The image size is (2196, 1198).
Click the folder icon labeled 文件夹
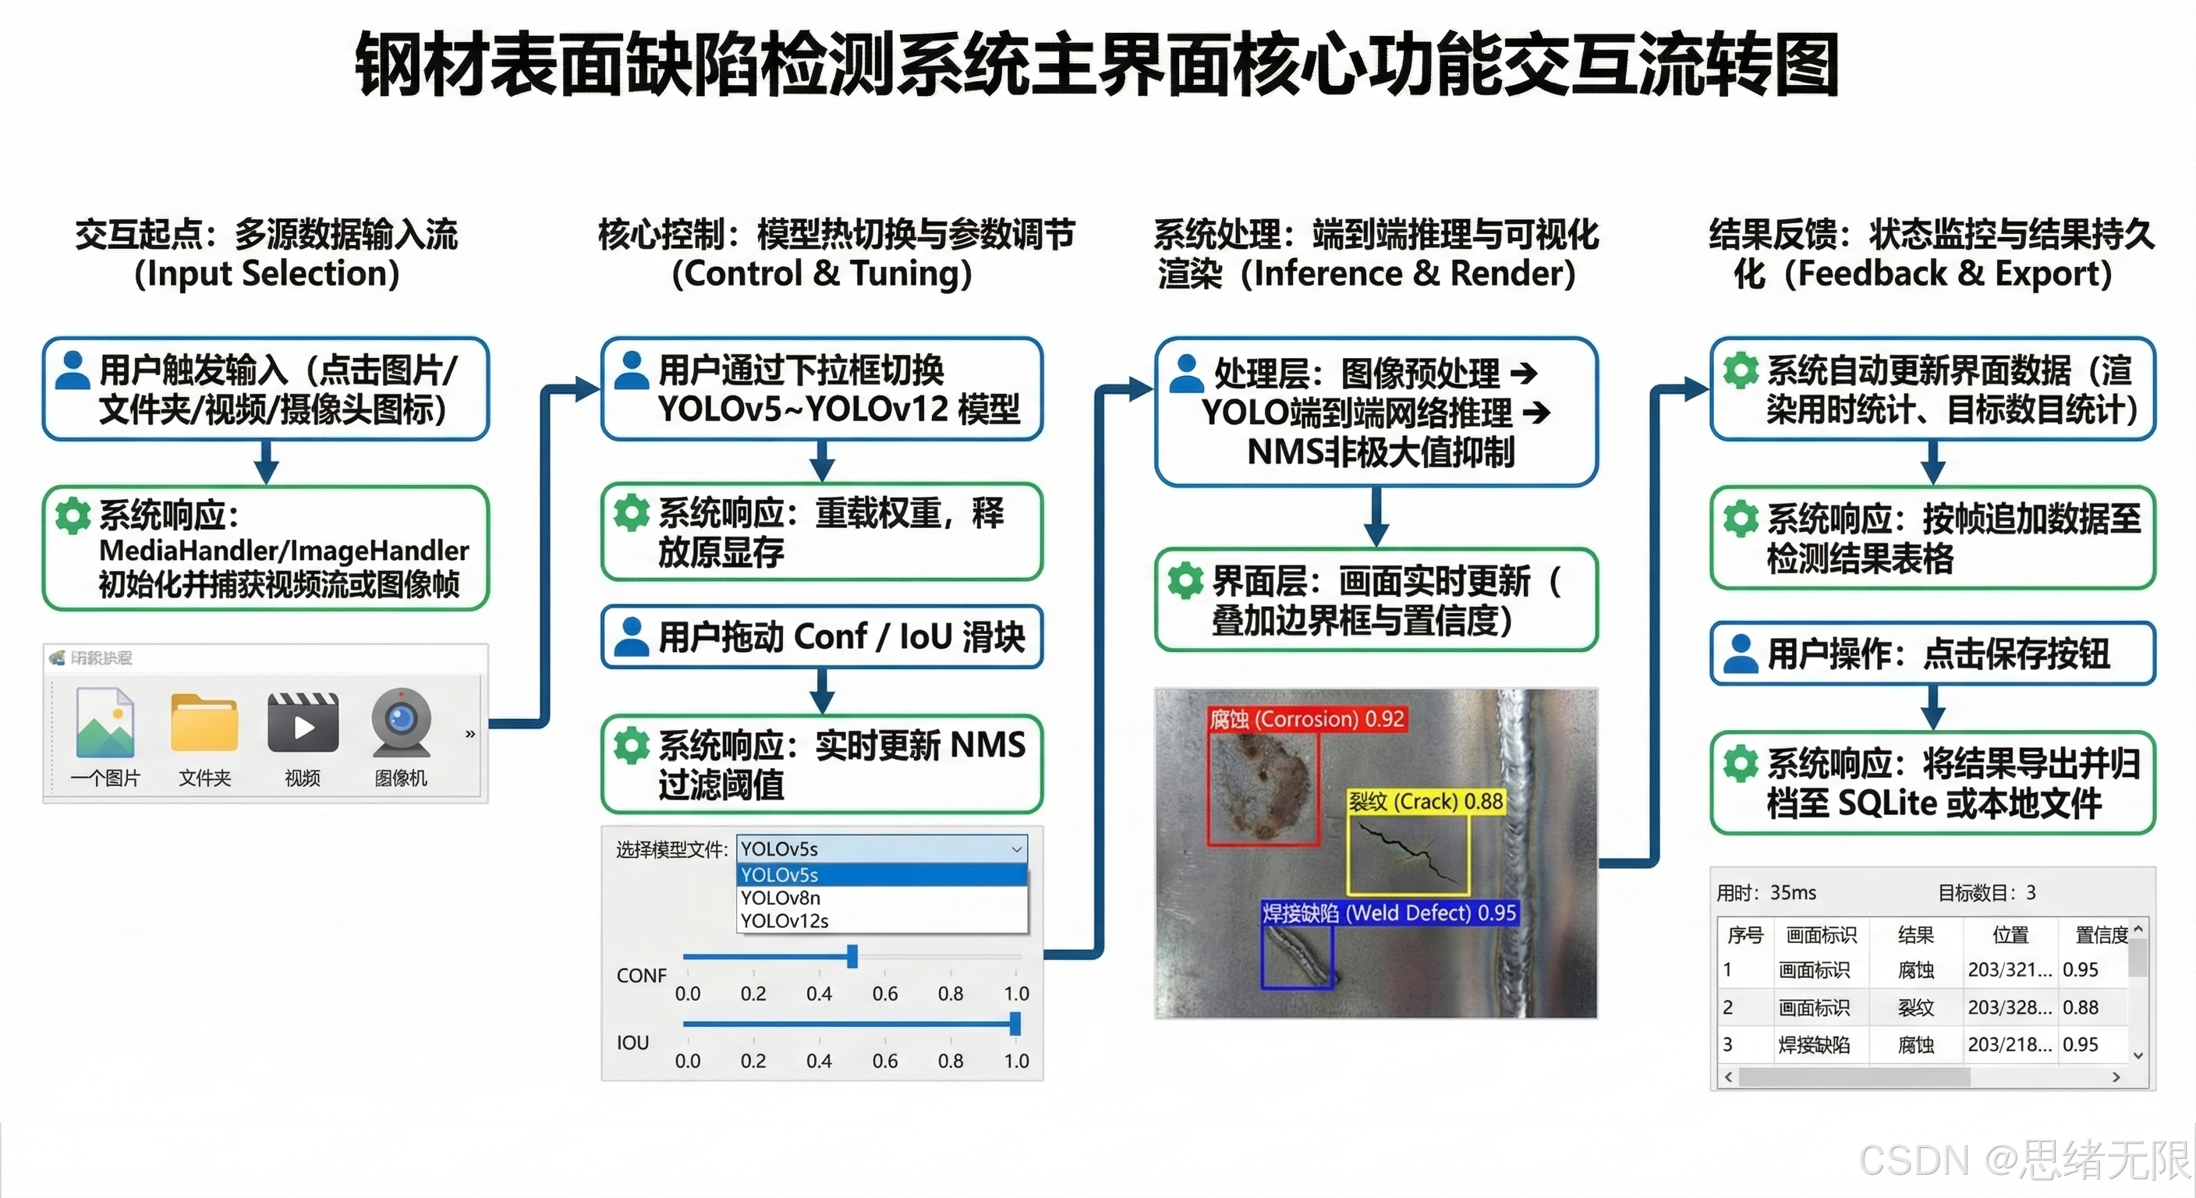click(x=204, y=725)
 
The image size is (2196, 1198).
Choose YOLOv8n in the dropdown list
click(x=781, y=898)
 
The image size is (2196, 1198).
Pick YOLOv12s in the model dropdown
click(x=785, y=921)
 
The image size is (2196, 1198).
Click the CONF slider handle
click(x=852, y=957)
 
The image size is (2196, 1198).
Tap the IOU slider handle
click(x=1015, y=1023)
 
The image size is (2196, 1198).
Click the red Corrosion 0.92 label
click(x=1306, y=719)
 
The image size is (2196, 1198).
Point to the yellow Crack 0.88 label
click(x=1426, y=802)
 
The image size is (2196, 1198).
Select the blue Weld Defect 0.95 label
click(x=1389, y=913)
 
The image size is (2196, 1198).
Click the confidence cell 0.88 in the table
click(x=2080, y=1007)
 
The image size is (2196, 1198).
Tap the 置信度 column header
click(x=2101, y=935)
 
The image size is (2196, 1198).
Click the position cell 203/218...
click(x=2010, y=1044)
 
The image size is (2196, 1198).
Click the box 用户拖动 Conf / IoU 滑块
click(x=822, y=637)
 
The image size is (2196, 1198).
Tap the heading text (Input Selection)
click(x=267, y=274)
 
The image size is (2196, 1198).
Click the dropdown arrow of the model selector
click(x=1016, y=849)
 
